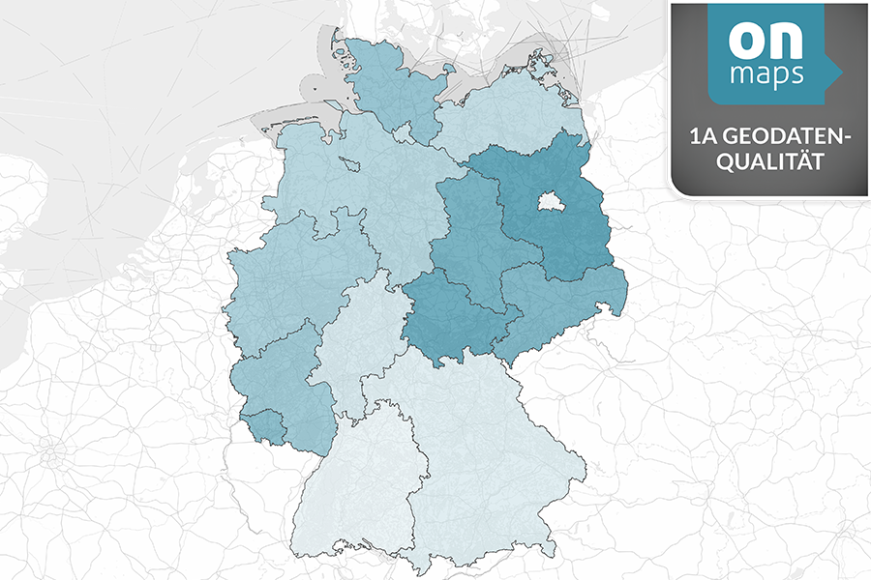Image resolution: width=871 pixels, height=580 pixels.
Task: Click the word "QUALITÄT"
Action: [768, 163]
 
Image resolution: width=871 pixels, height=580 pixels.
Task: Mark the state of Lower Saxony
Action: [368, 184]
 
